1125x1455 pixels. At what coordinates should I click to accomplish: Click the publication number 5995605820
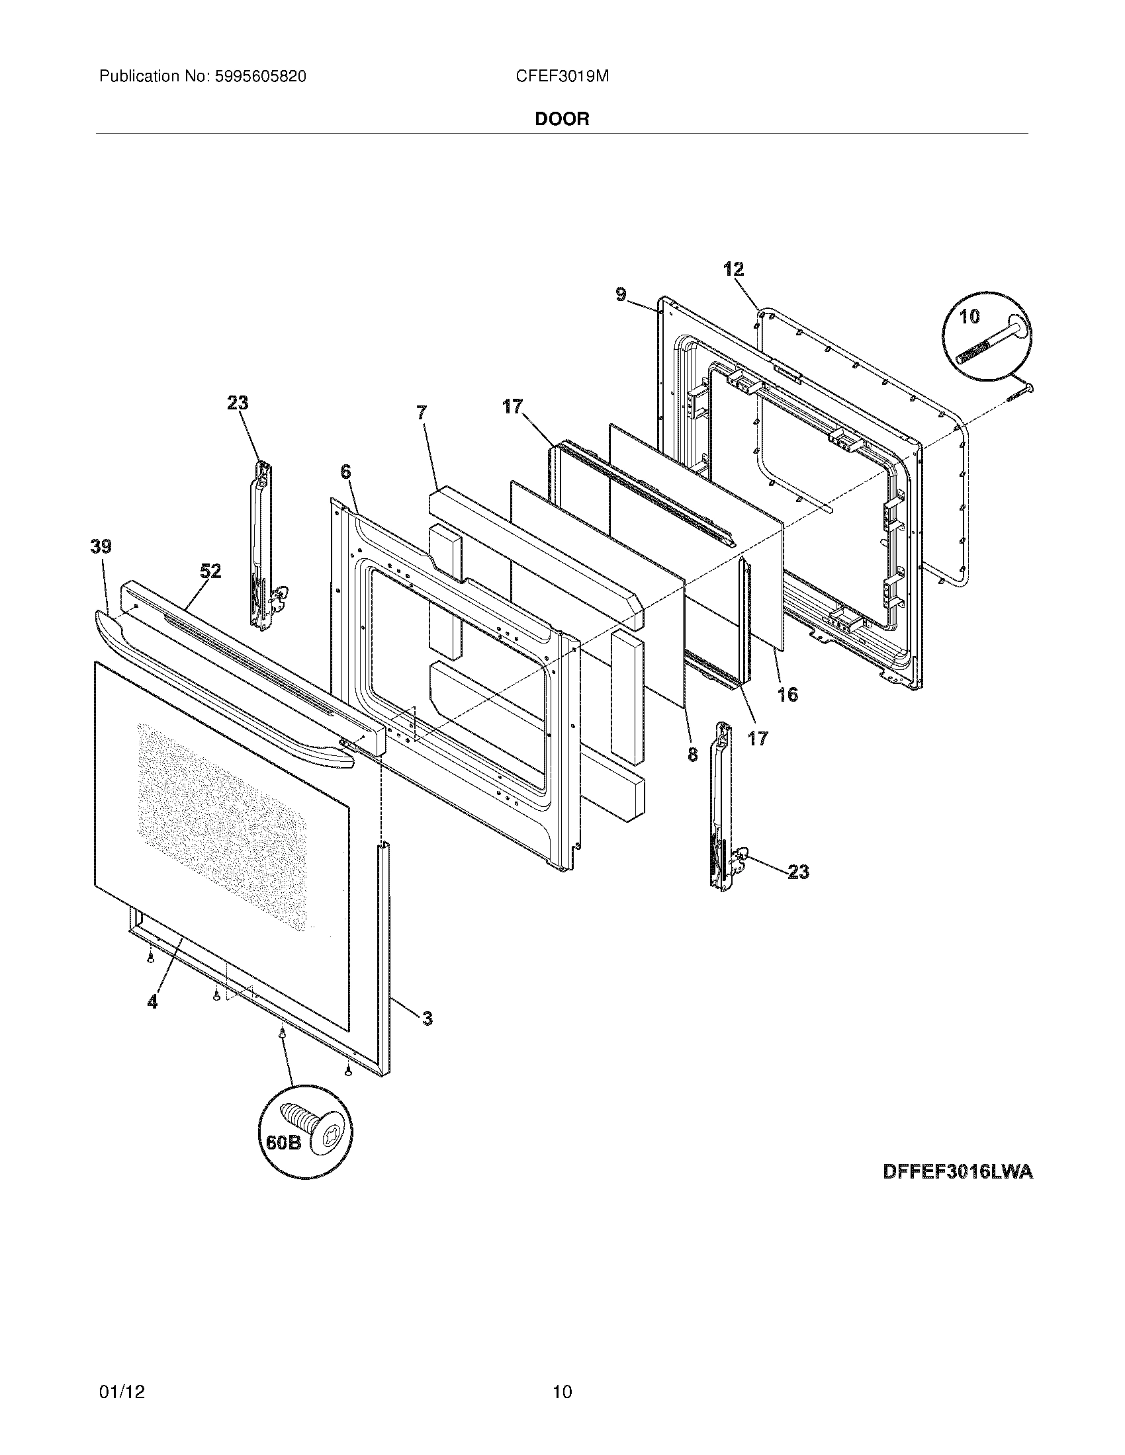pos(260,77)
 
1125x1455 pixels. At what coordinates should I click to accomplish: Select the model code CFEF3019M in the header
pos(562,77)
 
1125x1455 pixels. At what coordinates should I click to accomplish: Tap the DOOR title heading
pos(562,119)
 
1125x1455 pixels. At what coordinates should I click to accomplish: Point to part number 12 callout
pos(733,270)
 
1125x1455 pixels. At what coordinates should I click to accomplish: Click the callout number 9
pos(621,294)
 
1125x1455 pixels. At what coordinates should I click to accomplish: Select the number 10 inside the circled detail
pos(969,317)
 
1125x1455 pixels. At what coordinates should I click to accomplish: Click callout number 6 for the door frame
pos(345,472)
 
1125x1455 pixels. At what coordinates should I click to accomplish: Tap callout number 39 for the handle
pos(101,547)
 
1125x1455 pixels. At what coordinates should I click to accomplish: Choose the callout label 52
pos(210,571)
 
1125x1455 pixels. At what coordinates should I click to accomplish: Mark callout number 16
pos(787,695)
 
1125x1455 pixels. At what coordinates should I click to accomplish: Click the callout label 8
pos(693,754)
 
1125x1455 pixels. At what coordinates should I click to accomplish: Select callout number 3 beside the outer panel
pos(427,1018)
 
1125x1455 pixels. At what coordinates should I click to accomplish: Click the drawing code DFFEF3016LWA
pos(958,1173)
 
